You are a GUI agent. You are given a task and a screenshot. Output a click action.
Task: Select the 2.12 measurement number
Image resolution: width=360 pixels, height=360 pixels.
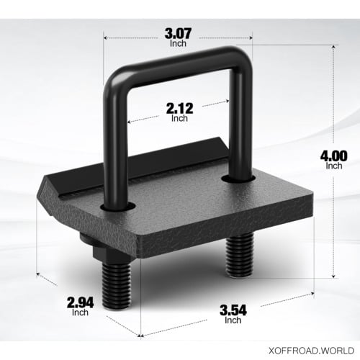point(179,108)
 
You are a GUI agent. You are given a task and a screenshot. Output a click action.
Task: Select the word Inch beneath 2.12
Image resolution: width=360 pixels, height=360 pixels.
point(179,119)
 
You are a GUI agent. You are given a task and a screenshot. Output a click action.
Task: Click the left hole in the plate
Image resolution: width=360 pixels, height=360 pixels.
point(122,207)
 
